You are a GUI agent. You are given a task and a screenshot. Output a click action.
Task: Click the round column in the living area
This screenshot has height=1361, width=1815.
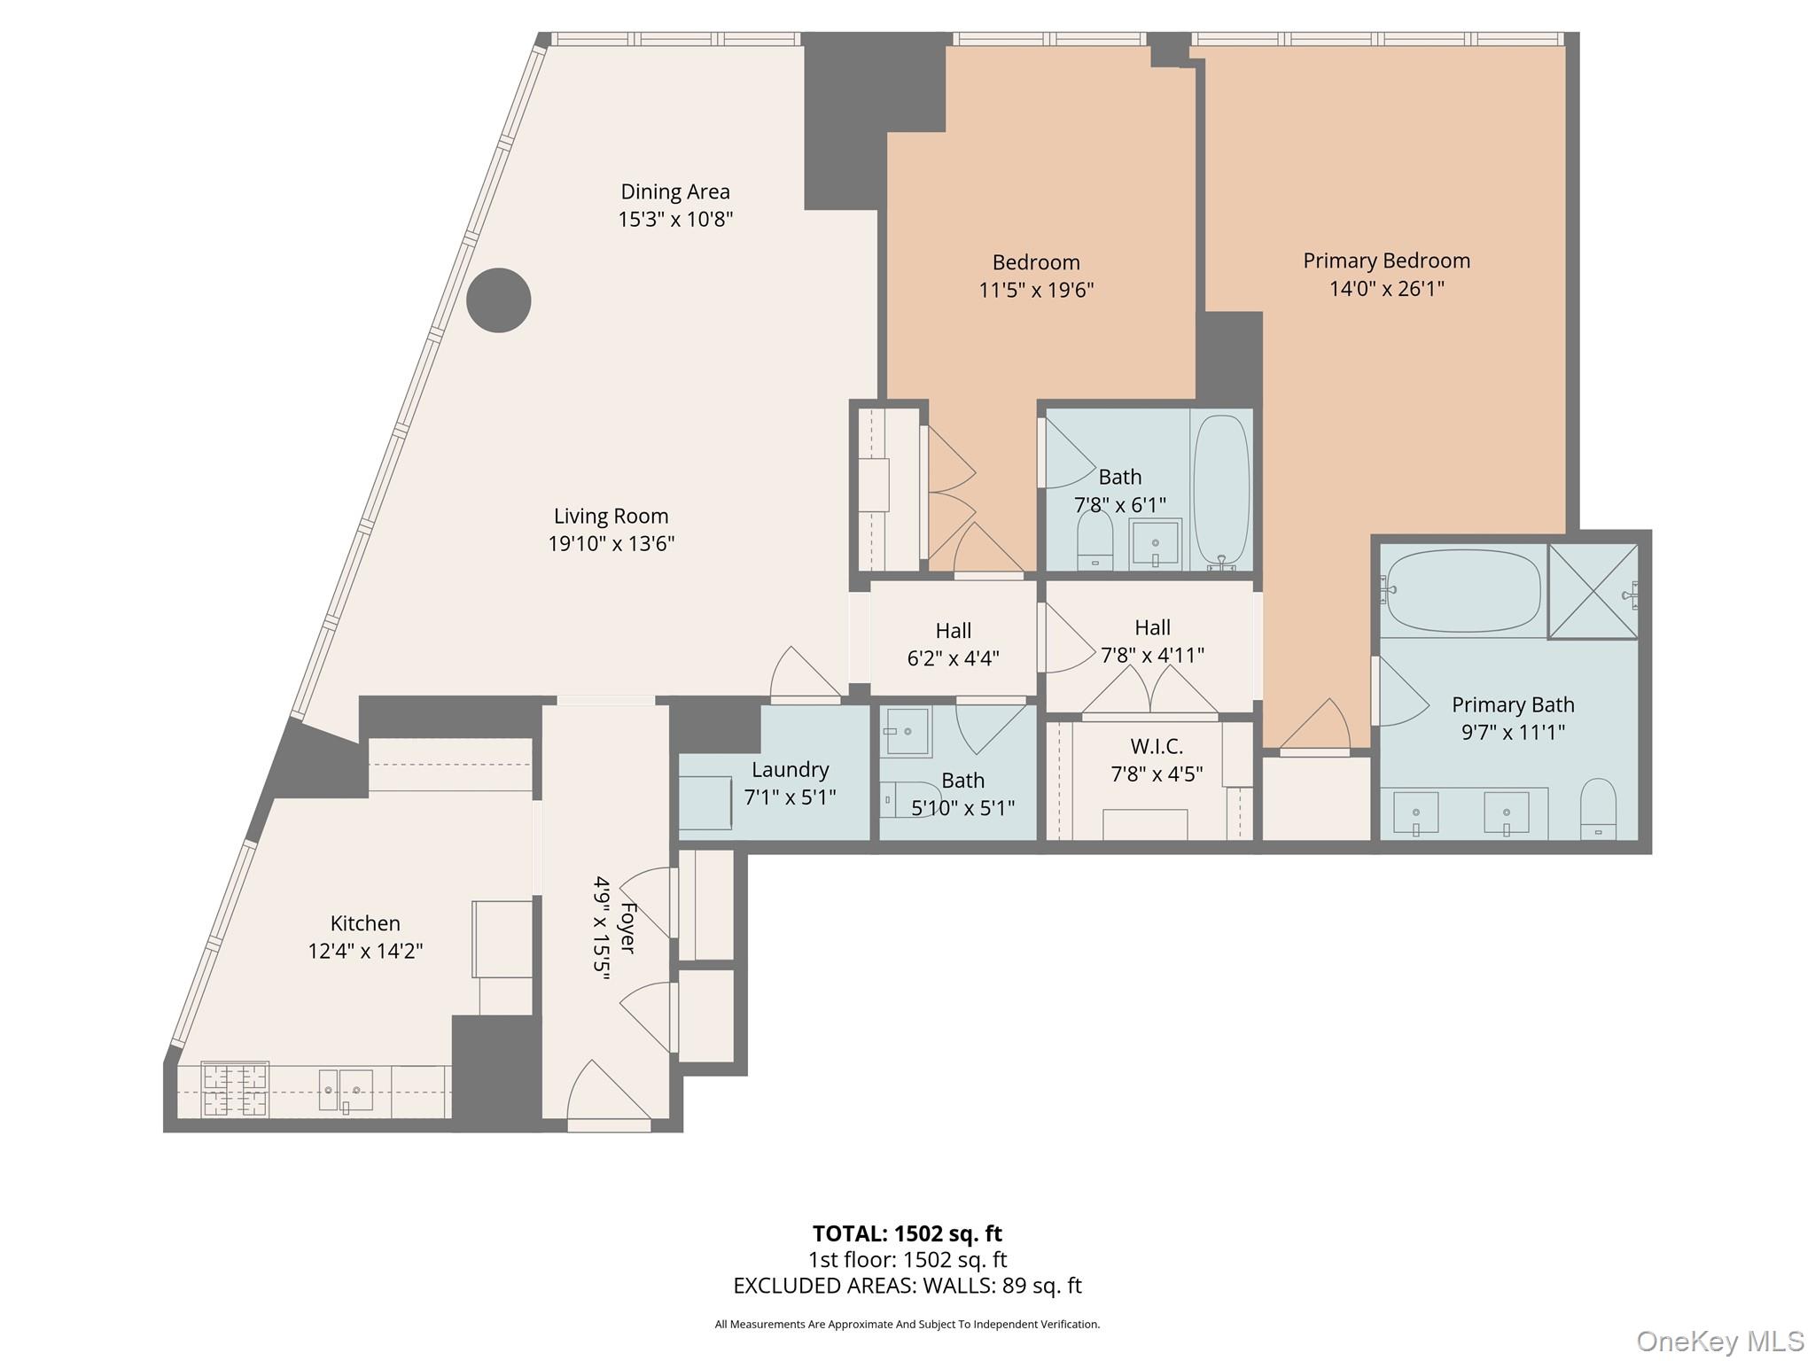499,300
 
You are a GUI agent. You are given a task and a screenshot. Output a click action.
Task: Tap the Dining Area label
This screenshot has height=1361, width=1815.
675,192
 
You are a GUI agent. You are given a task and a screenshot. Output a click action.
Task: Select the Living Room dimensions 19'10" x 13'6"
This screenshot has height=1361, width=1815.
611,543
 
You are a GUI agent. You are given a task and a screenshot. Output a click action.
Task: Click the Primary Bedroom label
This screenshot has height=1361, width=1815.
1386,261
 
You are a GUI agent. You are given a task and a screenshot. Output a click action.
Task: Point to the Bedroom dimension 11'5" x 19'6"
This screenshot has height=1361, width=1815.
1036,290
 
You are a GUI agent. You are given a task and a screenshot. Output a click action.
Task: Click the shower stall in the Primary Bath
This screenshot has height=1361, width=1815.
1593,591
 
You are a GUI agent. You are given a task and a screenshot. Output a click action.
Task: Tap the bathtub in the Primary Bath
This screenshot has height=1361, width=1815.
1463,591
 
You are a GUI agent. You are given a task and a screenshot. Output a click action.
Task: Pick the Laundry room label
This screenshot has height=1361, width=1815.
790,769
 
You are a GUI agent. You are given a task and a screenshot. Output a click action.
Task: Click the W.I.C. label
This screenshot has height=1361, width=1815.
1157,746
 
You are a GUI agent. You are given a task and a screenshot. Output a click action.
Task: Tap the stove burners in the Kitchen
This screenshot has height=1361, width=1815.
235,1090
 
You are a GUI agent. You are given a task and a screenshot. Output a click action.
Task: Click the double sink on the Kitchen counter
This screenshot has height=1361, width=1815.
346,1090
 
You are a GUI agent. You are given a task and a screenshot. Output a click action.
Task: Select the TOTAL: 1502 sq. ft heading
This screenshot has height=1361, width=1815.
907,1233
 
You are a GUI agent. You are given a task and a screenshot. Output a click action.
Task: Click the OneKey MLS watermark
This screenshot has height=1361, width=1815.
1719,1341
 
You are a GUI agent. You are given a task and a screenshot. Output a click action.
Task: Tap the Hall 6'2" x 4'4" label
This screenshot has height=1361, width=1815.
953,644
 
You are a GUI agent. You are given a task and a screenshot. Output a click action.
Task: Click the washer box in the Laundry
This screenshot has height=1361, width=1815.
705,802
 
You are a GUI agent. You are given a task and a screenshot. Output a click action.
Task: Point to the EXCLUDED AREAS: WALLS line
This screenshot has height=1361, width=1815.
907,1286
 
